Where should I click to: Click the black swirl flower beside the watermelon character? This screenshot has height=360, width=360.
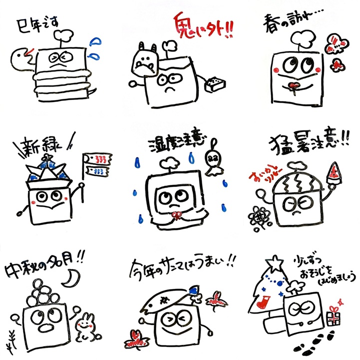pos(258,216)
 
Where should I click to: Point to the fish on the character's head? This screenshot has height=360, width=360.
pos(166,298)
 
